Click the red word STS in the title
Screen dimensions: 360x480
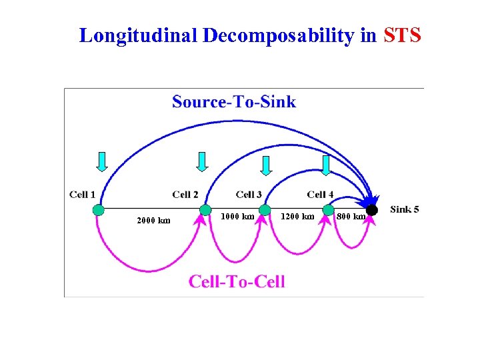(403, 35)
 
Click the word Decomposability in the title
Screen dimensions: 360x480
(279, 35)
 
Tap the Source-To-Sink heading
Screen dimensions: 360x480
(234, 101)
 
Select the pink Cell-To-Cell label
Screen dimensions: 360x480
(237, 281)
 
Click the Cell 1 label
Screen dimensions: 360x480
(83, 195)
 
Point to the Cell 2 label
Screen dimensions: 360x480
(185, 195)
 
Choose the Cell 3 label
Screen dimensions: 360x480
(249, 195)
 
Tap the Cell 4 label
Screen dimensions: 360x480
(320, 195)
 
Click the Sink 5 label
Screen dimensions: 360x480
(405, 209)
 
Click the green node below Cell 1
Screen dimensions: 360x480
(99, 210)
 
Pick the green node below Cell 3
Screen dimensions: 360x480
(265, 210)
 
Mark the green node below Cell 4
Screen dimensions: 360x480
(328, 210)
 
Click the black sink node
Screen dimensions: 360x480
(372, 210)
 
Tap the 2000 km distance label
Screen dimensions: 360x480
(153, 221)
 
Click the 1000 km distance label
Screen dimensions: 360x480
(237, 216)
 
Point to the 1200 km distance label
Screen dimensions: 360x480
(297, 216)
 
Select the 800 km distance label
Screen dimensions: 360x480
(351, 216)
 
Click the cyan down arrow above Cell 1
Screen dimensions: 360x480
(101, 161)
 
